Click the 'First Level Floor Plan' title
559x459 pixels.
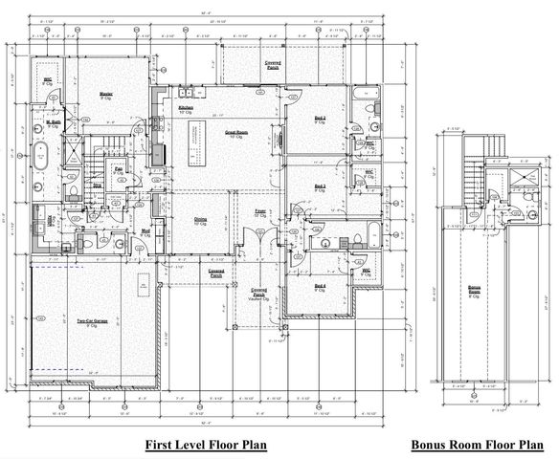(x=205, y=445)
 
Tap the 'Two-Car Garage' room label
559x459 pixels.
(x=83, y=323)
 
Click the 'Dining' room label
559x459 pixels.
(x=202, y=219)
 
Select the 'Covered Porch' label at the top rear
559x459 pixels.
(x=272, y=63)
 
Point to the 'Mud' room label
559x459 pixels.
(x=147, y=232)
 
